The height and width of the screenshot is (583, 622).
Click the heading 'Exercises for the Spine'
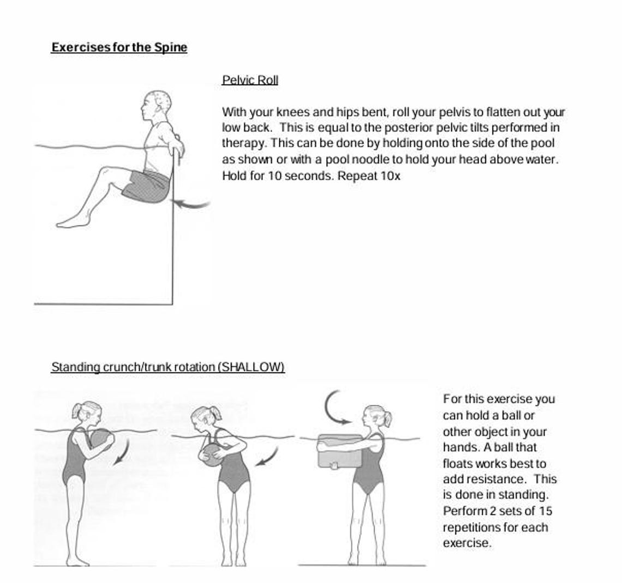(119, 47)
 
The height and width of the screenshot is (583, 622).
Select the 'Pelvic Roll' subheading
(250, 80)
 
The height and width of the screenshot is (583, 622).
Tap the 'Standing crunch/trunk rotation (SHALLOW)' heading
(168, 367)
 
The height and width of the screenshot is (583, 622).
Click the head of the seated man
(157, 106)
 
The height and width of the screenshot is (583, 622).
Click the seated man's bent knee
(106, 172)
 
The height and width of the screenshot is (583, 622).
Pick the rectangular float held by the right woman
(339, 451)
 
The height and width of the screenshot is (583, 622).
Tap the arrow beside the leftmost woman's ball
(122, 453)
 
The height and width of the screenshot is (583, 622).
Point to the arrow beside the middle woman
(268, 457)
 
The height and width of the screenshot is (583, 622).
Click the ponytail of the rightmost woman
(388, 419)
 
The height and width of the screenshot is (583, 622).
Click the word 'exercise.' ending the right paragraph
(467, 543)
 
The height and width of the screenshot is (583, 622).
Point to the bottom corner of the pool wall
(172, 303)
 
